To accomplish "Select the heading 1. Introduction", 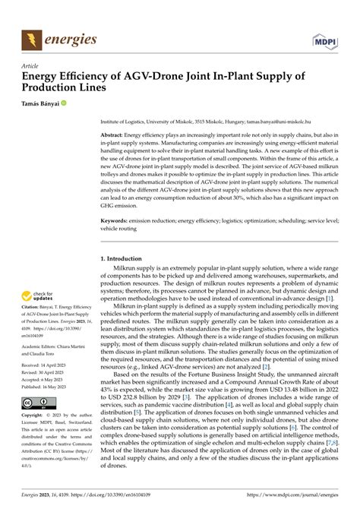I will point(130,259).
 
